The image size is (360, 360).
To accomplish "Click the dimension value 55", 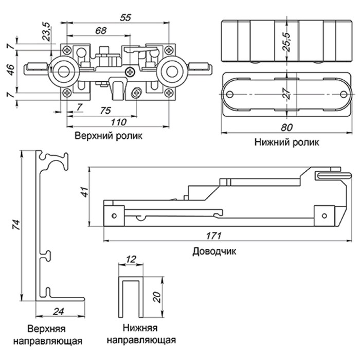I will coord(124,17).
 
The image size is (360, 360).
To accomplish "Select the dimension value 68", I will coord(101,30).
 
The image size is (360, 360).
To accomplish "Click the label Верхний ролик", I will coord(108,136).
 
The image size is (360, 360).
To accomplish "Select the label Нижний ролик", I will coord(286,142).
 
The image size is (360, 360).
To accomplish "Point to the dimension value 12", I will coord(131,260).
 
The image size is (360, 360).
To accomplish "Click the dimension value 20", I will coord(158,296).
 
